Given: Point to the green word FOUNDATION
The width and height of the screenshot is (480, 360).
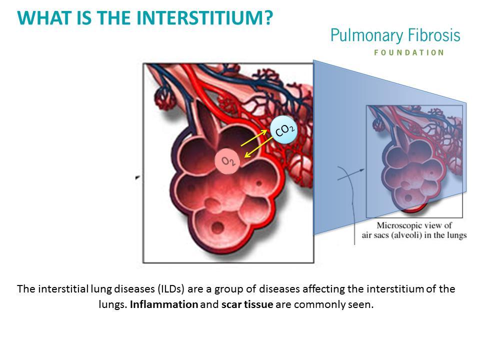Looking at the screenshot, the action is point(409,52).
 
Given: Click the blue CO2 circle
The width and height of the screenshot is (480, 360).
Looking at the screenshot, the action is point(284,130).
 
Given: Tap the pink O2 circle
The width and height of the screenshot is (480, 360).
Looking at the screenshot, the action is point(227,161).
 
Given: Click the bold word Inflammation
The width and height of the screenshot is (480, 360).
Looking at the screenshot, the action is point(164,304).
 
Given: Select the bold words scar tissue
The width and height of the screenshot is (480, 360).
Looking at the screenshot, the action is point(247,304).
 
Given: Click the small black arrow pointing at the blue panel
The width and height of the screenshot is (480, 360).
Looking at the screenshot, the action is point(351,174).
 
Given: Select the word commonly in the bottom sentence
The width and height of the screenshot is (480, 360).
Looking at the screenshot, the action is point(319,305).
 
